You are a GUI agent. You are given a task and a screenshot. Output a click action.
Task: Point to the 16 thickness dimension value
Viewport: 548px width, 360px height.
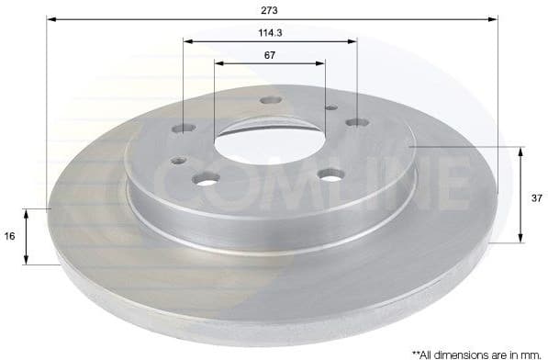point(9,236)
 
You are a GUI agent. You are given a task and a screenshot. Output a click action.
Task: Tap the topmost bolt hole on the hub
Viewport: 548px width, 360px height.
point(269,100)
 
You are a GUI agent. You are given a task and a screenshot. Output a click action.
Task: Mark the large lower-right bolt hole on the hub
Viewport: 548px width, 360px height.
point(330,174)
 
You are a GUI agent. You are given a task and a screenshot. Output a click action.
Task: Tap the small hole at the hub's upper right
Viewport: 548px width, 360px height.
point(330,107)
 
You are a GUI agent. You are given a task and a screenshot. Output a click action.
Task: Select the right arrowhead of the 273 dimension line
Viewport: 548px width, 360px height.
point(493,18)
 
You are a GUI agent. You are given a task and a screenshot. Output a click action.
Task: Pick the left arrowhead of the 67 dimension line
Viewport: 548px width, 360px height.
point(219,63)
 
